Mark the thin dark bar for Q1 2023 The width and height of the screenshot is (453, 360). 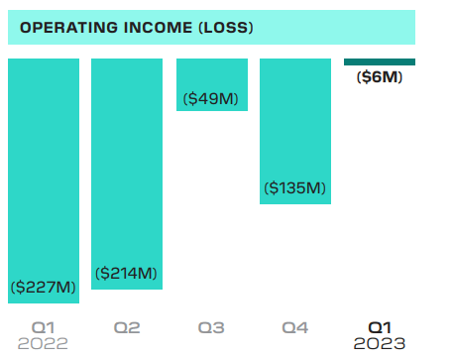point(380,62)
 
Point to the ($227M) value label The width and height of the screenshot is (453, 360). point(43,287)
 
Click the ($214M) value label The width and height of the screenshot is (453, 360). point(127,273)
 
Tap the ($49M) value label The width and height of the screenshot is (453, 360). point(211,98)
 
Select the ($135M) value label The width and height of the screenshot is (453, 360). point(295,187)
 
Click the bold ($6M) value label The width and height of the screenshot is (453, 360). point(380,77)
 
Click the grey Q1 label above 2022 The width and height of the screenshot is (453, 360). point(43,326)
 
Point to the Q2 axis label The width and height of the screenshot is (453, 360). point(127,326)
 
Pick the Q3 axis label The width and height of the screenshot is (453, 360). point(211,326)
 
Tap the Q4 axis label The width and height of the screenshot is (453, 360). point(295,326)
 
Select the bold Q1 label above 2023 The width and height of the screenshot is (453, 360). point(380,326)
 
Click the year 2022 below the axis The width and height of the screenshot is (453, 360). point(43,343)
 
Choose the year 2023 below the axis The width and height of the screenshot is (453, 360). point(380,343)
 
